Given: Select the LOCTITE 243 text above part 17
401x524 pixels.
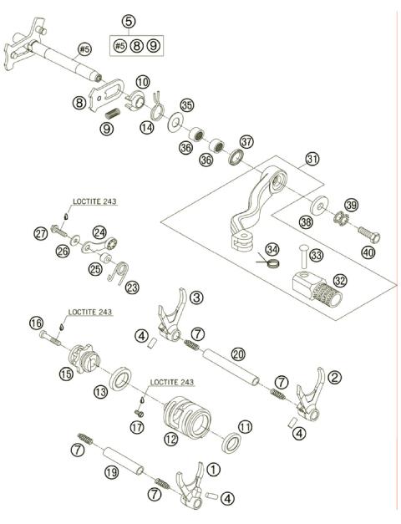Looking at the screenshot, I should click(x=171, y=382).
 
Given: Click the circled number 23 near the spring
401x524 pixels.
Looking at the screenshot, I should click(x=132, y=287).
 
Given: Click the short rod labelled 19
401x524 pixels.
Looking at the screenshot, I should click(x=113, y=461).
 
